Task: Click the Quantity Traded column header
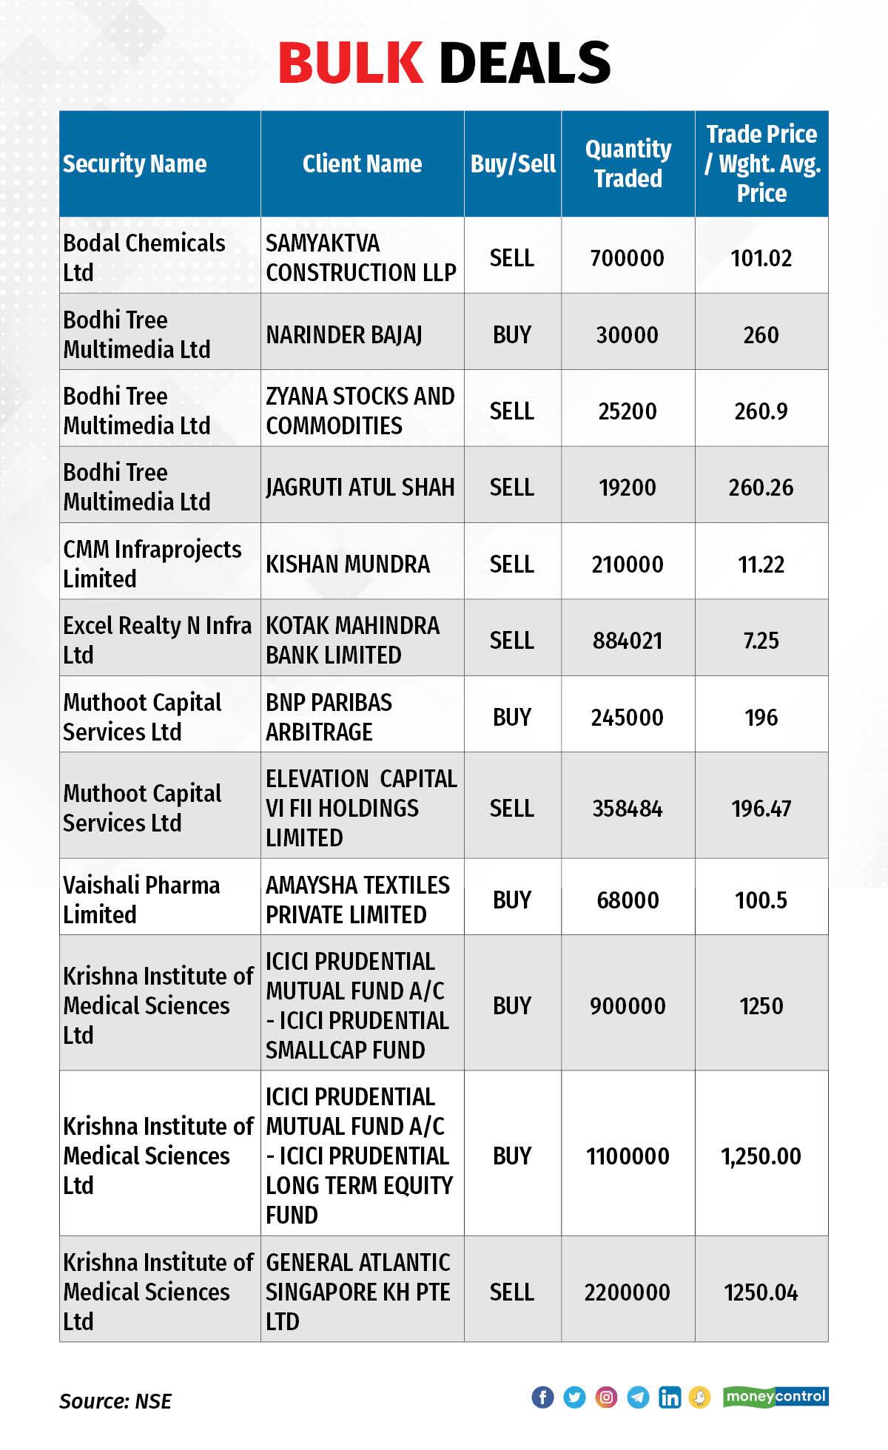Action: point(628,163)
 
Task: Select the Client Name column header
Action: point(362,163)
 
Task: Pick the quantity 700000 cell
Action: point(627,258)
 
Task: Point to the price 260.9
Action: point(761,411)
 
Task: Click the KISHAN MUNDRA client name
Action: point(348,564)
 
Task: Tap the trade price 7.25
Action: point(761,640)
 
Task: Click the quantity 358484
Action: point(627,808)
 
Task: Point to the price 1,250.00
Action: point(761,1156)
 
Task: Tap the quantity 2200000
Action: point(627,1292)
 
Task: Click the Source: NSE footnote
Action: point(115,1400)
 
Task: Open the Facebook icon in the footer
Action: point(542,1397)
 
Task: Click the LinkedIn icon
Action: point(670,1397)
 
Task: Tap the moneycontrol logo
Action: point(776,1396)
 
